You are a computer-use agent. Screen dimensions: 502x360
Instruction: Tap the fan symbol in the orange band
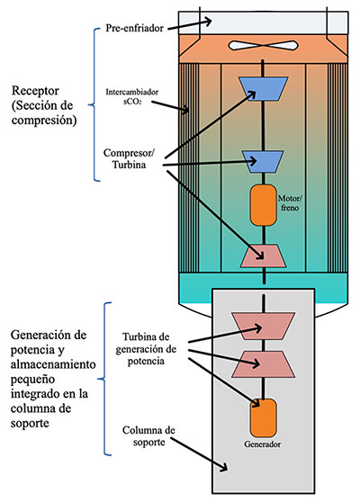click(263, 45)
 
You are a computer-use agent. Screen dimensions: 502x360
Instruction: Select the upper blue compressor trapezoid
click(263, 86)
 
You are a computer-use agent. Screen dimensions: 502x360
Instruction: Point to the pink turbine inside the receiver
click(263, 256)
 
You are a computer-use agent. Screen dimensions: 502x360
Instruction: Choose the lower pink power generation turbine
click(263, 363)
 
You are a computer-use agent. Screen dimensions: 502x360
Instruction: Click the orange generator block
click(263, 417)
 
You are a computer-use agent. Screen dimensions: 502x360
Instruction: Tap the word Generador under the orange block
click(263, 444)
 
